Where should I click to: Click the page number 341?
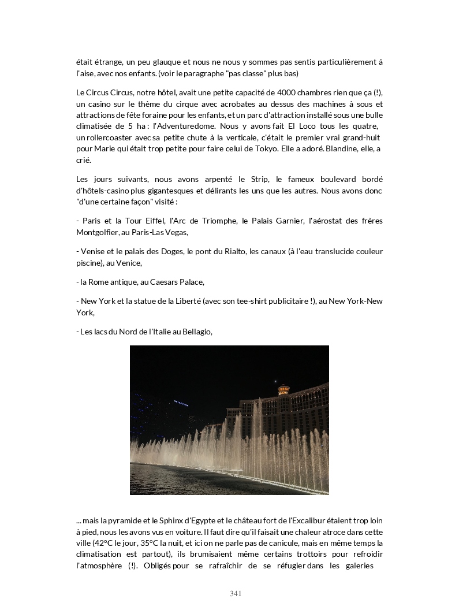[x=235, y=594]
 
